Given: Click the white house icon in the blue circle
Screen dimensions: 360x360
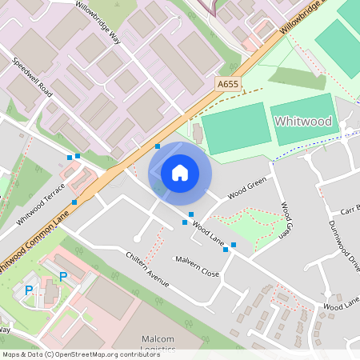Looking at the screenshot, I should pos(179,172).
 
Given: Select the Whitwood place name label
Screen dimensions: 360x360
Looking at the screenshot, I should pos(302,121).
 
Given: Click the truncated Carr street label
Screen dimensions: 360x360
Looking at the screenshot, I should pos(350,213).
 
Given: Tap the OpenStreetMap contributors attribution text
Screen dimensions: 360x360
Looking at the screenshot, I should pos(81,354).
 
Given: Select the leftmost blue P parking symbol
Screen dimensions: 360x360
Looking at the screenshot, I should pos(30,290).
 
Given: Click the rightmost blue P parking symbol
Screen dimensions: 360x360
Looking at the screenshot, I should pos(62,277).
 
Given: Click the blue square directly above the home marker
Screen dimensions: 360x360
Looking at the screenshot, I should pos(158,146).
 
